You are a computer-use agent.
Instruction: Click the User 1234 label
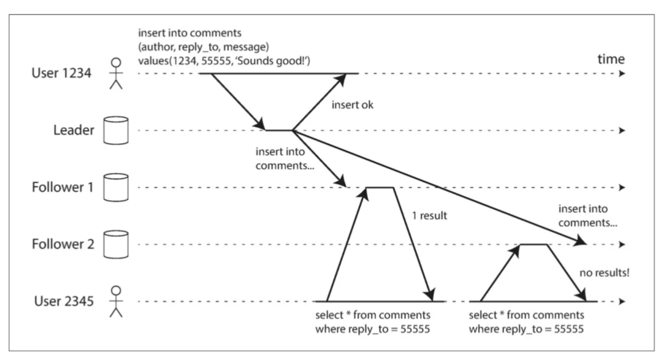tap(61, 73)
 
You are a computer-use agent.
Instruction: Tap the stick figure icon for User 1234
tap(116, 73)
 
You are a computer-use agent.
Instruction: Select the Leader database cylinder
tap(116, 130)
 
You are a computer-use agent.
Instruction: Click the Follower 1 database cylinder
tap(116, 187)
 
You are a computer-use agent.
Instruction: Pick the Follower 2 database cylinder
tap(116, 244)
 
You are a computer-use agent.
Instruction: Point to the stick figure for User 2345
tap(116, 301)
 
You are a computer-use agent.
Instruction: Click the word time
tap(611, 59)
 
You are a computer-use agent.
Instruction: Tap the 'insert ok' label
tap(352, 105)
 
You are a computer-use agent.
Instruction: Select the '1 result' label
tap(429, 216)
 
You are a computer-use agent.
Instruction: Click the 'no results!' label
tap(604, 273)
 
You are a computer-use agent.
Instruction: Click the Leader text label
tap(73, 130)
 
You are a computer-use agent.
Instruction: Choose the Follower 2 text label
tap(63, 244)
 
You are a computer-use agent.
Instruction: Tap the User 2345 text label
tap(64, 301)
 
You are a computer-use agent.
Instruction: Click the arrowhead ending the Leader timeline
tap(622, 130)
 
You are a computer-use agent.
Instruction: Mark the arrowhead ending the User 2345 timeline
tap(622, 301)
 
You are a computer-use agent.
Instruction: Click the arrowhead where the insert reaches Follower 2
tap(581, 242)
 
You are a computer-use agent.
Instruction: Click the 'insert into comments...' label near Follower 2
tap(587, 216)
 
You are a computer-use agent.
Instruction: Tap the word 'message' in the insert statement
tap(245, 47)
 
